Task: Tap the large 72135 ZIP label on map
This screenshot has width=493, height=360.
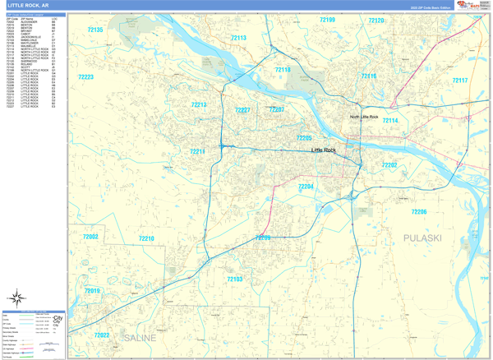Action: (x=94, y=30)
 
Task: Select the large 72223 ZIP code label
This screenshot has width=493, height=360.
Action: (x=85, y=77)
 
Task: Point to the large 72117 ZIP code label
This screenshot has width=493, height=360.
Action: (x=459, y=81)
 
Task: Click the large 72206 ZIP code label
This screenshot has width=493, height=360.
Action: (x=418, y=212)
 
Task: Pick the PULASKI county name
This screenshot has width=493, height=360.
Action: (x=422, y=238)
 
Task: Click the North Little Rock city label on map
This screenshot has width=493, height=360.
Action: (x=363, y=118)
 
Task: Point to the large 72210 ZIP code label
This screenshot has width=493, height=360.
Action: (x=145, y=238)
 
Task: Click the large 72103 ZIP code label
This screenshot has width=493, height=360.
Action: (x=234, y=279)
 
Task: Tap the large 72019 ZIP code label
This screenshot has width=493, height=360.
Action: (x=91, y=291)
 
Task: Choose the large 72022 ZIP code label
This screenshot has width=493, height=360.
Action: (x=101, y=335)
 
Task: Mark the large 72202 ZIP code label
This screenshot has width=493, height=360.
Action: (x=389, y=165)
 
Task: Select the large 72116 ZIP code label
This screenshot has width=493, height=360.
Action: (x=368, y=76)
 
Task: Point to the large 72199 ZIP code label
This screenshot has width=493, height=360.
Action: (x=327, y=20)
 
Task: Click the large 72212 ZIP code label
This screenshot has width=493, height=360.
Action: (x=199, y=104)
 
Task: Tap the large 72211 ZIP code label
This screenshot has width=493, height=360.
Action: (x=197, y=152)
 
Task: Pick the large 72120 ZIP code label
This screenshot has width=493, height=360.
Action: (x=376, y=20)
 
